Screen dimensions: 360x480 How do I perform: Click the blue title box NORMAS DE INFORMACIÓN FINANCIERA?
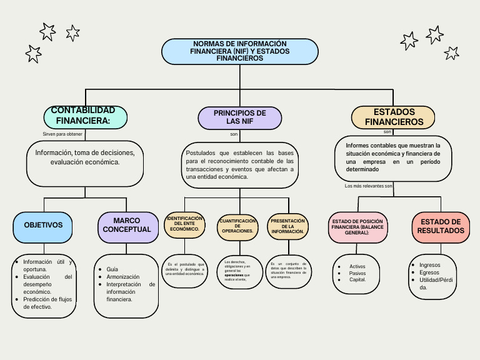[x=240, y=51]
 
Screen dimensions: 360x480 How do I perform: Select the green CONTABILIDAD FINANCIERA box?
[x=86, y=116]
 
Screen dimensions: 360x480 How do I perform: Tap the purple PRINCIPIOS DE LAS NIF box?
[x=239, y=117]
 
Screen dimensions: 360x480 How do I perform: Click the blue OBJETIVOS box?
[x=44, y=225]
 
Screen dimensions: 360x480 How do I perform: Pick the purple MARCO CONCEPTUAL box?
[x=127, y=226]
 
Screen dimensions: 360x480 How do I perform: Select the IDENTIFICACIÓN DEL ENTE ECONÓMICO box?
[x=184, y=224]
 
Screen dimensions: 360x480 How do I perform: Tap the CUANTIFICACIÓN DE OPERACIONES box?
[x=237, y=226]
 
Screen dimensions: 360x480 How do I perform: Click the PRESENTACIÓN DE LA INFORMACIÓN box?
[x=287, y=226]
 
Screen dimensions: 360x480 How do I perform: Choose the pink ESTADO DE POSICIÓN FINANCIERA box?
[x=358, y=227]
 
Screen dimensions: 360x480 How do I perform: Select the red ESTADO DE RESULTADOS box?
[x=441, y=227]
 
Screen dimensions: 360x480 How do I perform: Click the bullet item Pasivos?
[x=357, y=273]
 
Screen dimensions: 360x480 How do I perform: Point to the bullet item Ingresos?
[x=430, y=265]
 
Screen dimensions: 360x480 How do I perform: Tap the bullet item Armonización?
[x=123, y=276]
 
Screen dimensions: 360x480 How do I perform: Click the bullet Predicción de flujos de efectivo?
[x=47, y=303]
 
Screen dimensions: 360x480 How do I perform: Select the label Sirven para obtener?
[x=62, y=134]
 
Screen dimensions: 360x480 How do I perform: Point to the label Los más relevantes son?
[x=369, y=186]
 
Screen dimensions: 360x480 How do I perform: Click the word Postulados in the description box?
[x=200, y=153]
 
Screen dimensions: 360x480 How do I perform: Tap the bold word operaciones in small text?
[x=234, y=274]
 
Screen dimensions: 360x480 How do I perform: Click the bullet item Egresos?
[x=429, y=272]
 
